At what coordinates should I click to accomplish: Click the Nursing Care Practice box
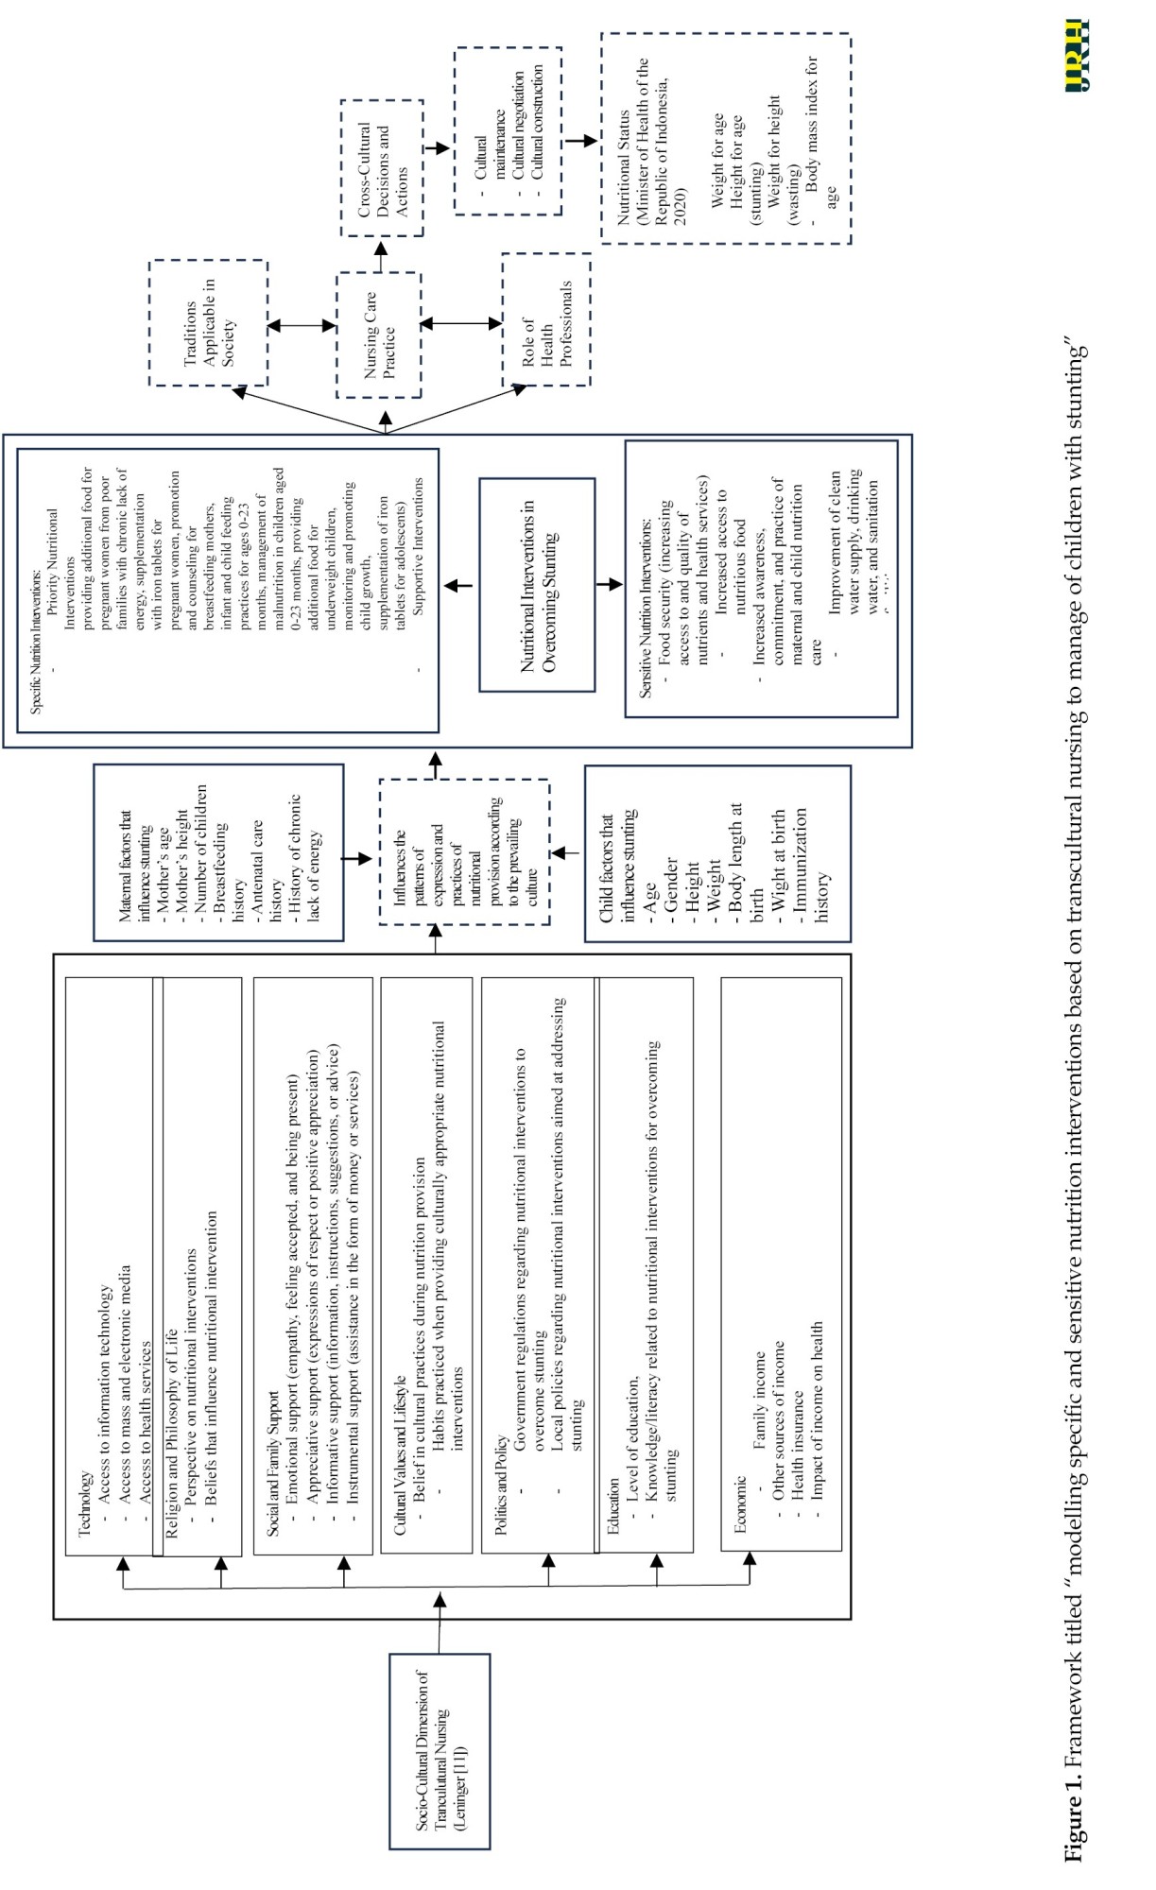[379, 335]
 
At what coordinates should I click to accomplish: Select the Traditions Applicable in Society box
[208, 323]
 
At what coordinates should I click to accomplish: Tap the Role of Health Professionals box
[546, 320]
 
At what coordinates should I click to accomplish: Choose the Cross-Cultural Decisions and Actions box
[382, 168]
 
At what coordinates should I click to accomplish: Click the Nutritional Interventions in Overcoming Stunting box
[537, 585]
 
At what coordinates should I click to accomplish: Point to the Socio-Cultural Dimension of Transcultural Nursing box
[440, 1750]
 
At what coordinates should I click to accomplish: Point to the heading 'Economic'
[740, 1503]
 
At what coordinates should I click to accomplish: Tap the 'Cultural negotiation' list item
[518, 125]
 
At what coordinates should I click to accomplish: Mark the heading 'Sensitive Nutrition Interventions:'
[645, 609]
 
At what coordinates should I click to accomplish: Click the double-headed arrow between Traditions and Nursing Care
[302, 326]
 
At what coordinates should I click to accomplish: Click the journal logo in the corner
[1077, 56]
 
